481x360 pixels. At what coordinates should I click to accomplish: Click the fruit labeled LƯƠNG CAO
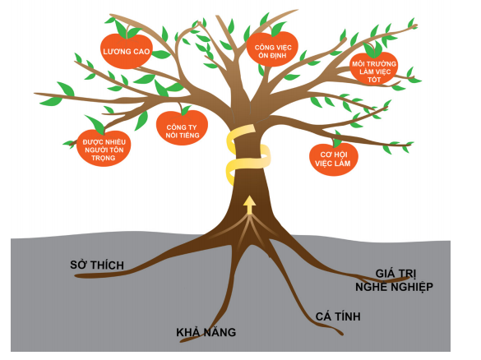125,52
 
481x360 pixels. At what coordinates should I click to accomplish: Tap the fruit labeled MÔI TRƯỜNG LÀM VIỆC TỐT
373,72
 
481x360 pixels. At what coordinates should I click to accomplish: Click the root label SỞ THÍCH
96,264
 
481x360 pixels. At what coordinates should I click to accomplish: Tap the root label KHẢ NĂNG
206,333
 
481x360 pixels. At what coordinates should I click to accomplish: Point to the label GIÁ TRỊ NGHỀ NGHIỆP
393,279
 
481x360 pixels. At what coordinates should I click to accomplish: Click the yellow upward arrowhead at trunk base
249,200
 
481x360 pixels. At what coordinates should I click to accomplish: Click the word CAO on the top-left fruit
140,52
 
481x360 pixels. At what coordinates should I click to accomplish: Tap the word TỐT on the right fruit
373,81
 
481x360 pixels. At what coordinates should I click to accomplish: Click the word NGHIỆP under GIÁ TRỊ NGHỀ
409,287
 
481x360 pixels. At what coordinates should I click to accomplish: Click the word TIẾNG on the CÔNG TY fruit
191,135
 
